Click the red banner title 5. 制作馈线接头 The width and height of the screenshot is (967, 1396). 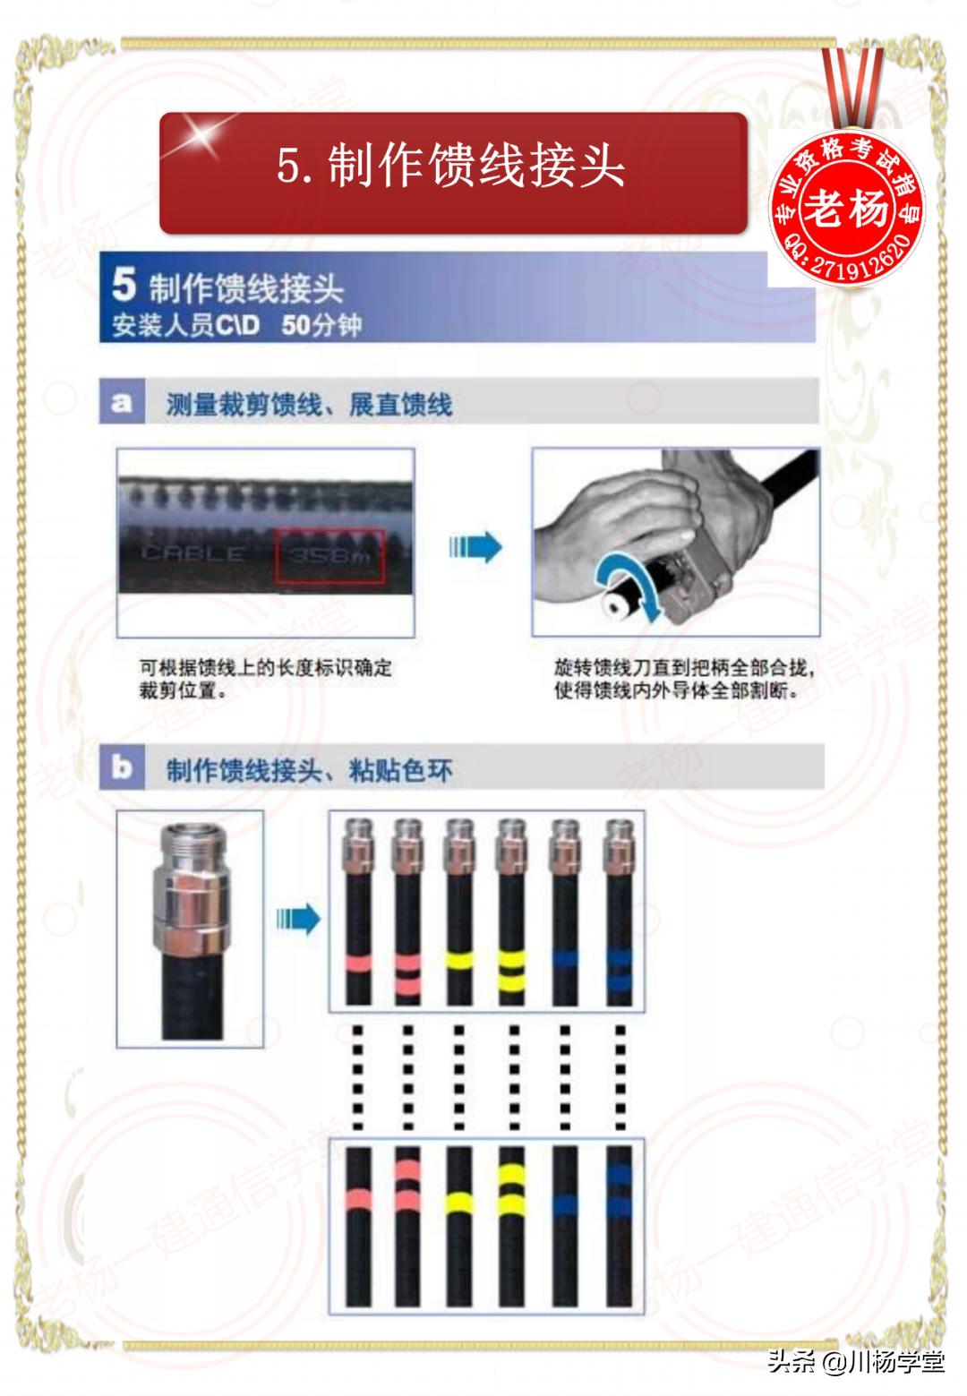tap(452, 167)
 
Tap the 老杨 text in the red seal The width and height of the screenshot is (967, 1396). tap(845, 210)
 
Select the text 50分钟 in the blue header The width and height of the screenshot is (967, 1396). tap(321, 325)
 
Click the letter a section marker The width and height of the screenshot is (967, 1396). tap(121, 403)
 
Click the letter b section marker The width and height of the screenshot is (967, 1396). tap(122, 768)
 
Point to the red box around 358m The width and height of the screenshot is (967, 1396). tap(329, 557)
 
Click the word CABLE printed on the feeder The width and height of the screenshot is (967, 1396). tap(193, 554)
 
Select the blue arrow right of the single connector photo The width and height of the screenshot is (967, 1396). tap(298, 918)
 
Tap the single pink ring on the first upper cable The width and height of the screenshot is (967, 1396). tap(358, 963)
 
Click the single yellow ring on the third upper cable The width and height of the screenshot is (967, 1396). tap(459, 961)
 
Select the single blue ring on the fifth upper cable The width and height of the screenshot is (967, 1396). tap(564, 961)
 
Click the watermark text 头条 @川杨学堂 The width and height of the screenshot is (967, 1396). tap(855, 1362)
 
